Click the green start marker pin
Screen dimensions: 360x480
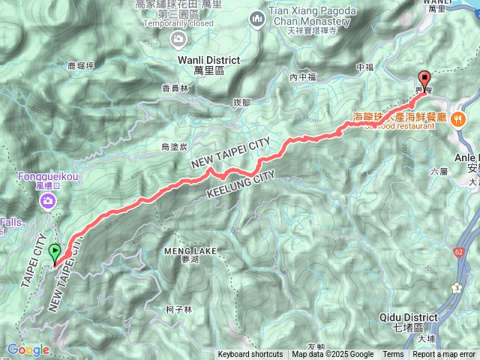[55, 254]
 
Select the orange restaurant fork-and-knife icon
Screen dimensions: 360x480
[458, 118]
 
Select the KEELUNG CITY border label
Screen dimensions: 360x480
[240, 184]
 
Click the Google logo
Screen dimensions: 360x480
[28, 349]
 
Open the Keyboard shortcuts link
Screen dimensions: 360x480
[250, 355]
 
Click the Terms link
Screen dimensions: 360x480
[393, 355]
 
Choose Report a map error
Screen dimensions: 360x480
[445, 355]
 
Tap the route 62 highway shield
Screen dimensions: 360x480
[459, 252]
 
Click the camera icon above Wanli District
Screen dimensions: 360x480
[178, 38]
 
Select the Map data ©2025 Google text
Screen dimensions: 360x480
[332, 355]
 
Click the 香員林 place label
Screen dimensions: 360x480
[175, 88]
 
